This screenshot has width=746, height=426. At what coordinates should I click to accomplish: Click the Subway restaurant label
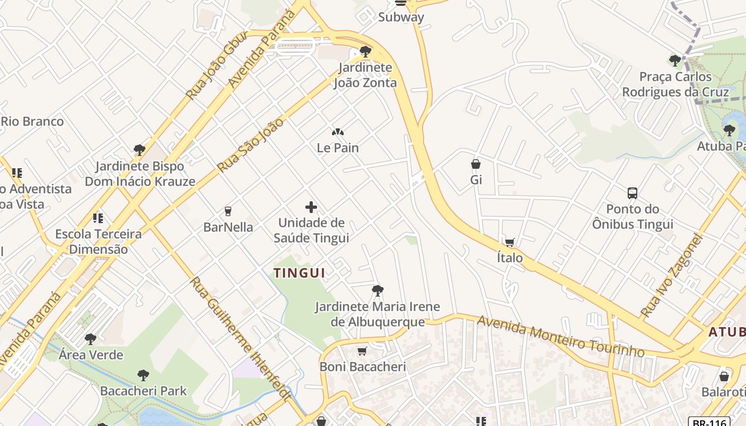[401, 17]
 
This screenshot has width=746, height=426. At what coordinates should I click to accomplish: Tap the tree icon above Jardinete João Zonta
[365, 52]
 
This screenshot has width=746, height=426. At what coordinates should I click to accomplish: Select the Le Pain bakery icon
[338, 132]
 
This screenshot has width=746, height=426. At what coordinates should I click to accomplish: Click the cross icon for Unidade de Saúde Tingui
[311, 207]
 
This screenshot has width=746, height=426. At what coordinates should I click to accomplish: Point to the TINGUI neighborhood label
[299, 273]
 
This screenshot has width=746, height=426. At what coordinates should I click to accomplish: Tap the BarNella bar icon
[228, 211]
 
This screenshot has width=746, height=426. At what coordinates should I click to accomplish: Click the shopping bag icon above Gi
[476, 164]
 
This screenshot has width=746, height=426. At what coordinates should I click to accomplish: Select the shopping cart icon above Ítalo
[510, 242]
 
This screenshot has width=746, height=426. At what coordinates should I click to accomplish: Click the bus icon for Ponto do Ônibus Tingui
[633, 193]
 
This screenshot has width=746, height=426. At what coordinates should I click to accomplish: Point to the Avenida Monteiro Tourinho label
[561, 337]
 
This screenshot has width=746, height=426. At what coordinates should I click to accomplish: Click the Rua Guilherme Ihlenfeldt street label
[241, 339]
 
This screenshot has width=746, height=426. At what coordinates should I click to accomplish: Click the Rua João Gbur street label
[216, 65]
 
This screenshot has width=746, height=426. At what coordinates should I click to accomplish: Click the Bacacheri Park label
[143, 391]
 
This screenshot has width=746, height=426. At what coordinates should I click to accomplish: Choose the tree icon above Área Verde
[91, 339]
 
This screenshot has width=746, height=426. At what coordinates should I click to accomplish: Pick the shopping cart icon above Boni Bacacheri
[362, 351]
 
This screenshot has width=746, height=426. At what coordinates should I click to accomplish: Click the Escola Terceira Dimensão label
[99, 241]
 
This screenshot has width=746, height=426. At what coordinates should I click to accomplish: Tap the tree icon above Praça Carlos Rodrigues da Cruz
[675, 60]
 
